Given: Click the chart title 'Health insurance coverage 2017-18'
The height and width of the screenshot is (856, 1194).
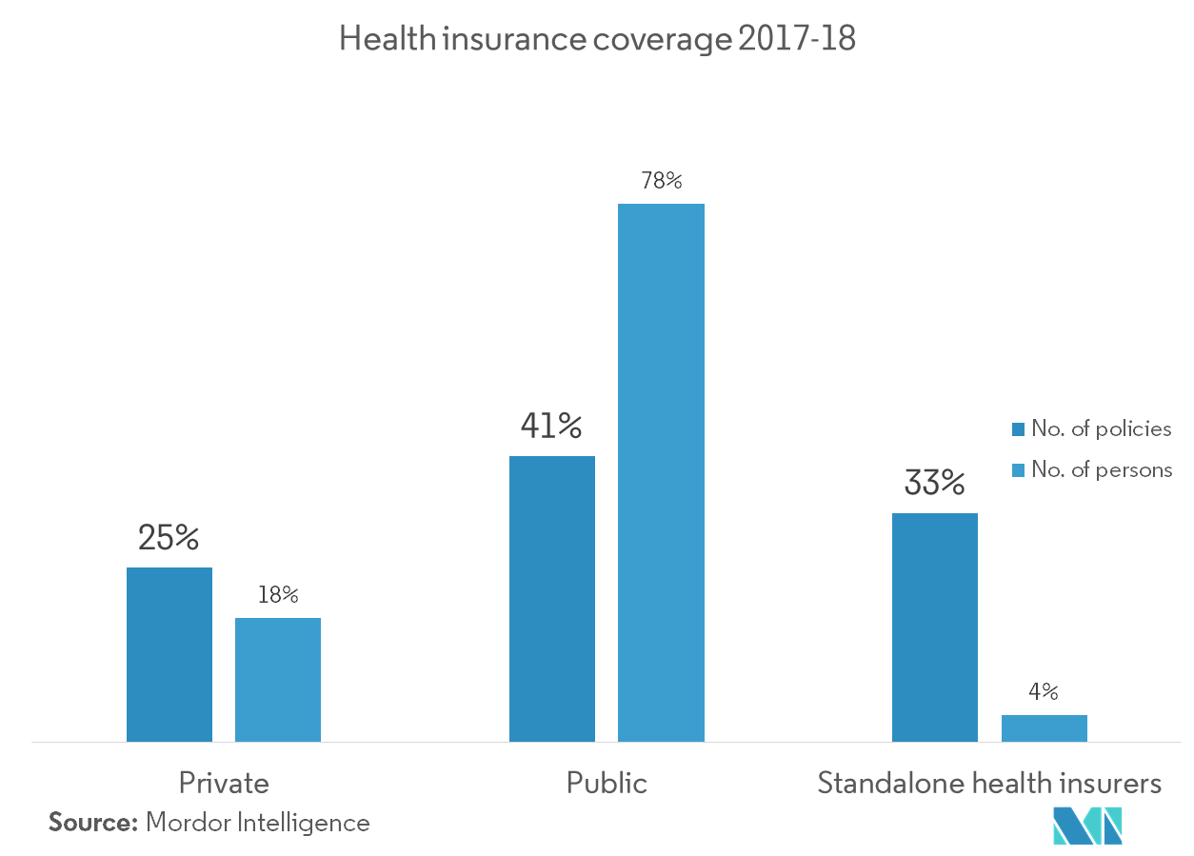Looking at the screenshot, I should tap(597, 40).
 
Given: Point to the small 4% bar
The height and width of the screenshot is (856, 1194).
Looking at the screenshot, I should tap(1044, 728).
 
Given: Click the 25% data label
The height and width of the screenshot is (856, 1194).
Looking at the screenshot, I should tap(168, 538).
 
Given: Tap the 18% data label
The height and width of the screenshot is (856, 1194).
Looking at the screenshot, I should tap(278, 595).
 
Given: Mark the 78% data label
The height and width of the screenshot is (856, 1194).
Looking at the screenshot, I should tap(661, 180).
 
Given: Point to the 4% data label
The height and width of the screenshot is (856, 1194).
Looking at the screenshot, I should tap(1044, 690).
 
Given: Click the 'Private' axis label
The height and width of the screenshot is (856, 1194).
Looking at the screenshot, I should tap(224, 783).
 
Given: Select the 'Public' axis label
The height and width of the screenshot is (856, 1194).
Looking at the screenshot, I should tap(607, 783).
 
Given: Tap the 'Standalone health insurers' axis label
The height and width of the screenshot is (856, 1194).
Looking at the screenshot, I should tap(989, 783).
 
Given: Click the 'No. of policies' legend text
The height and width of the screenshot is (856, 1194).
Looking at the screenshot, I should tap(1102, 429).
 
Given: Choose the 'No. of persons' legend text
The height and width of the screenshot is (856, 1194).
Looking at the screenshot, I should tap(1102, 469).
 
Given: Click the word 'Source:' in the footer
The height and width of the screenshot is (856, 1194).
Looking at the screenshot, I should tap(94, 825).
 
